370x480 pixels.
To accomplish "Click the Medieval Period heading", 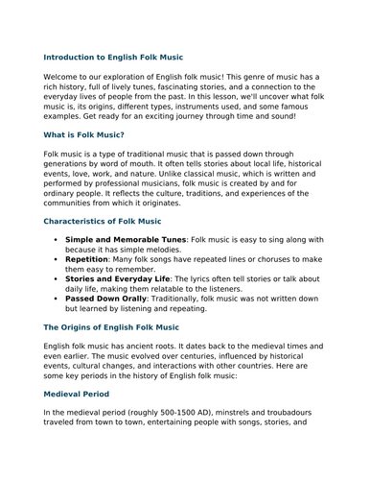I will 83,394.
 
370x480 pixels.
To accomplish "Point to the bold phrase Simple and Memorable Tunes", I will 126,239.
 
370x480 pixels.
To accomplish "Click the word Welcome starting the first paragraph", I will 65,77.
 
